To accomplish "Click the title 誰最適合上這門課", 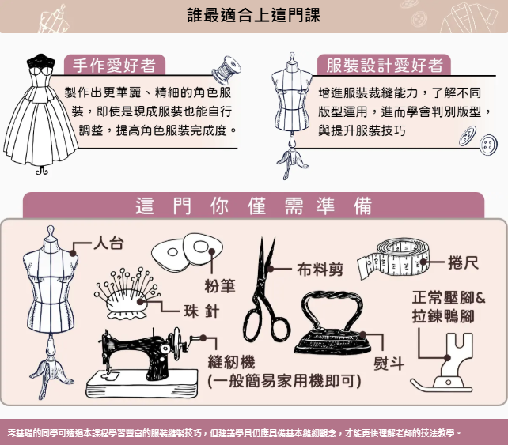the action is coord(254,15).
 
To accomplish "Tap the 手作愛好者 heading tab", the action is coord(115,65).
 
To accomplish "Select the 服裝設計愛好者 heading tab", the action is coord(384,65).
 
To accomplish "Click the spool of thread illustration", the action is coord(226,70).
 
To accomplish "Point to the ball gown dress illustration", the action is coord(40,113).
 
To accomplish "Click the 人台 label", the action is coord(108,243).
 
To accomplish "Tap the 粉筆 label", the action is coord(220,286).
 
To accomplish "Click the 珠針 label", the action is coord(202,311).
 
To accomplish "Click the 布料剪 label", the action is coord(320,270).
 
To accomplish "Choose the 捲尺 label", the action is coord(463,262).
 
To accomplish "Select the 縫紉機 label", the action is coord(231,361).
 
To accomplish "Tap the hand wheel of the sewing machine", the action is coord(176,344).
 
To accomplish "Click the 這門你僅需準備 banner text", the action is coord(254,206).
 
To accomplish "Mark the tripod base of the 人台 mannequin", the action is coord(51,375).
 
